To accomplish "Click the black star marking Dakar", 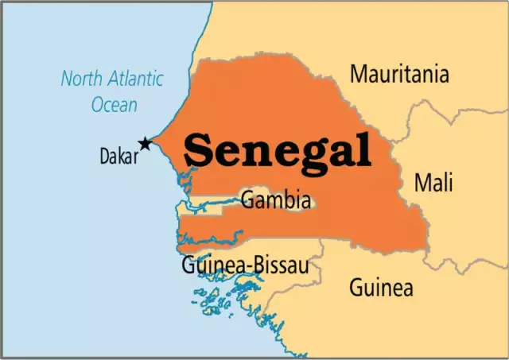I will click(x=145, y=144).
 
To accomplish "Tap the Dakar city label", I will click(x=119, y=157).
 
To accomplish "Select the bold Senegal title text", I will click(x=278, y=149).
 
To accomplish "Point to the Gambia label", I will click(x=275, y=199).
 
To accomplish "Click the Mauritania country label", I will click(x=399, y=75).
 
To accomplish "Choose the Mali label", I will click(x=433, y=183).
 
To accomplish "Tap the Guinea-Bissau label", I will click(x=245, y=265).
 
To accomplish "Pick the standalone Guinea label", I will click(x=381, y=286).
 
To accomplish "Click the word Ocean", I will click(x=114, y=104).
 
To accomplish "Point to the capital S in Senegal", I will click(x=200, y=149).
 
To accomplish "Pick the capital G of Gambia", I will click(x=247, y=199).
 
